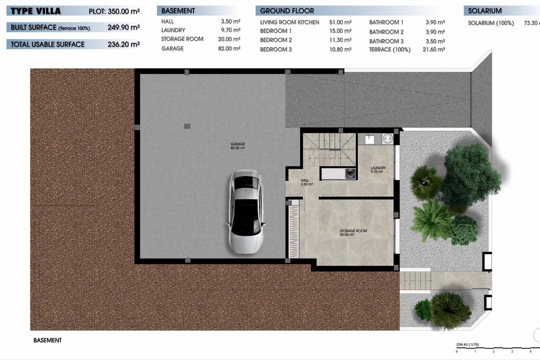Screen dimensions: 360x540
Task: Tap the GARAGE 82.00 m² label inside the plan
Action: (x=238, y=146)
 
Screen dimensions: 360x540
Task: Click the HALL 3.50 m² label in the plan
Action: (x=307, y=182)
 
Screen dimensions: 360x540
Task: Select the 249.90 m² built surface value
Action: (x=123, y=27)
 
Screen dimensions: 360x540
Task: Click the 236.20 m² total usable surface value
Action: (x=123, y=44)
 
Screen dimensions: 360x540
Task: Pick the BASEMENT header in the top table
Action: (x=178, y=11)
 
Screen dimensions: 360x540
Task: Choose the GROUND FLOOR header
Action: (x=287, y=11)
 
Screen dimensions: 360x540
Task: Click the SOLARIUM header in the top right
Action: (x=485, y=11)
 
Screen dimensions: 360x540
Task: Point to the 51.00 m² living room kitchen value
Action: (x=341, y=22)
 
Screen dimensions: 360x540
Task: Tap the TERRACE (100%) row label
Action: (x=390, y=49)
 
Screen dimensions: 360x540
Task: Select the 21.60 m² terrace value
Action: (x=435, y=49)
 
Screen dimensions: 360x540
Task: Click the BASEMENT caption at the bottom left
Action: (x=47, y=341)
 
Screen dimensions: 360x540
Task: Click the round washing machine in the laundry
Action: (x=387, y=139)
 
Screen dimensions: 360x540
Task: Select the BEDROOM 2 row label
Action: (x=276, y=40)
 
